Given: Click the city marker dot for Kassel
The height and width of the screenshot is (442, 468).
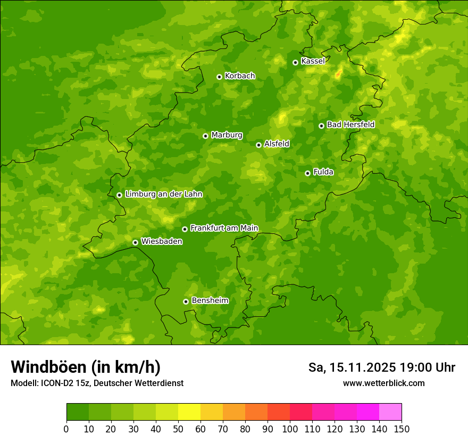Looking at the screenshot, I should pyautogui.click(x=295, y=62).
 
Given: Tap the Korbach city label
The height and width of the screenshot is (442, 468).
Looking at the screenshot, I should pyautogui.click(x=240, y=76).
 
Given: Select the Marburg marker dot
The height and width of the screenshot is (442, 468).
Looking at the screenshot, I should pyautogui.click(x=205, y=136).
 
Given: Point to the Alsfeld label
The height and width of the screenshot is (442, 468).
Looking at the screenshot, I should pyautogui.click(x=277, y=144).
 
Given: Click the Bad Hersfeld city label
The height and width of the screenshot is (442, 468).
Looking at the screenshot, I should pyautogui.click(x=350, y=125).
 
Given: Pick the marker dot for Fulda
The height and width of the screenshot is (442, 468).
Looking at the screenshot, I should pyautogui.click(x=307, y=173).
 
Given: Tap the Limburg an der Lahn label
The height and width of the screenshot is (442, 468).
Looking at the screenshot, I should pyautogui.click(x=163, y=194).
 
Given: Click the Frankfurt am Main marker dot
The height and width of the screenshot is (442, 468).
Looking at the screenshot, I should pyautogui.click(x=185, y=229).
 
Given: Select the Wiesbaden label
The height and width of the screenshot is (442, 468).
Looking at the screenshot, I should pyautogui.click(x=162, y=242).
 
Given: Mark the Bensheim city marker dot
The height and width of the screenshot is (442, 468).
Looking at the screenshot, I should pyautogui.click(x=186, y=301).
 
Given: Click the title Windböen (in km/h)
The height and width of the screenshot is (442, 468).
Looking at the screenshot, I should pyautogui.click(x=86, y=367).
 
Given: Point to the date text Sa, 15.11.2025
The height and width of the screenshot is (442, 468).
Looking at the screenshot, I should pyautogui.click(x=352, y=367).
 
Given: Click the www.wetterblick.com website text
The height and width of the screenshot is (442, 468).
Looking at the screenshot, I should pyautogui.click(x=383, y=383).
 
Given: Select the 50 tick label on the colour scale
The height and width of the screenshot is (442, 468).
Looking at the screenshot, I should pyautogui.click(x=178, y=429).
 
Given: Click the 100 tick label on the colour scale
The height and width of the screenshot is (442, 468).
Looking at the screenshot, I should pyautogui.click(x=290, y=429).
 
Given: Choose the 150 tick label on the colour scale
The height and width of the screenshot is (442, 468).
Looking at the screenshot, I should pyautogui.click(x=402, y=429).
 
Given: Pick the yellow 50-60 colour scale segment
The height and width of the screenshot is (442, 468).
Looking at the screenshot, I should pyautogui.click(x=189, y=412).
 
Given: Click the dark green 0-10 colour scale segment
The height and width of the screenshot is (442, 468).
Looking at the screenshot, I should pyautogui.click(x=78, y=412).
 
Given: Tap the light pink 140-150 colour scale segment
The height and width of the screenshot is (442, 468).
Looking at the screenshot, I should pyautogui.click(x=390, y=412).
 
